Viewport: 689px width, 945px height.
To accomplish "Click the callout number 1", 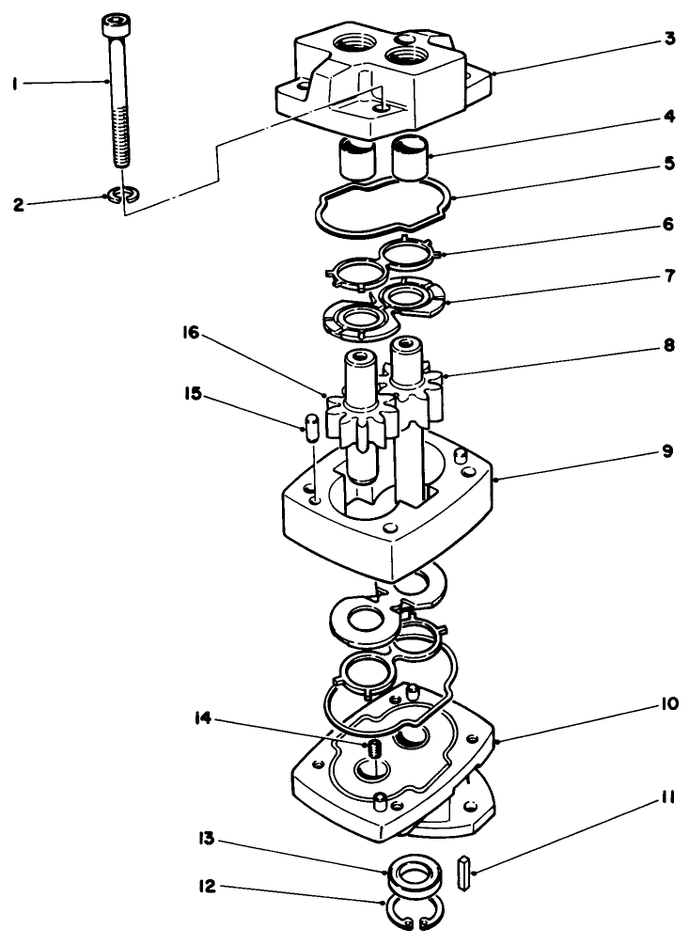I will (15, 84).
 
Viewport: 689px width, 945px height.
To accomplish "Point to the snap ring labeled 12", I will (414, 914).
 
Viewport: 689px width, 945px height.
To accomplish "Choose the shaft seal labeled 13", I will (414, 875).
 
